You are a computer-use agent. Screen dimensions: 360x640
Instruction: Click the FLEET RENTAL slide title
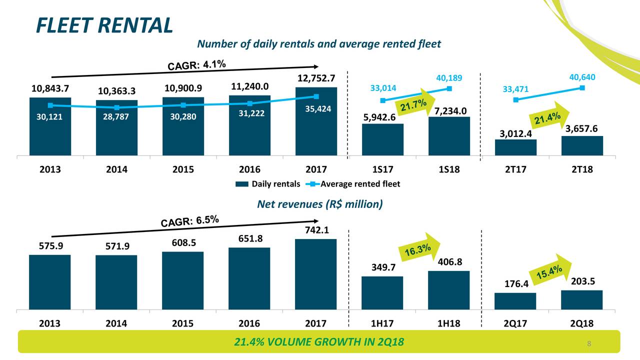104,25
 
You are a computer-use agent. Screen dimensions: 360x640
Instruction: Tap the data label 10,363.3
116,91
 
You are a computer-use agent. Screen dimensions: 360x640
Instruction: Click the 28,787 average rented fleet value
116,117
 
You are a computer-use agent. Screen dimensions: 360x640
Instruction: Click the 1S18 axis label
449,169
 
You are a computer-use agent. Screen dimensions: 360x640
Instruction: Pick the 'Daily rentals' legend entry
268,184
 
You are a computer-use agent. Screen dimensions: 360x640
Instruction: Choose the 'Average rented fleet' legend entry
355,184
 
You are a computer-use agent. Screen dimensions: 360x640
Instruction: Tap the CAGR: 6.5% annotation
189,220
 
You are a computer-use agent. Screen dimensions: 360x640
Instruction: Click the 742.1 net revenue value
316,230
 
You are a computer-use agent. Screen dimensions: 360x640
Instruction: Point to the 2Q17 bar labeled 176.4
515,301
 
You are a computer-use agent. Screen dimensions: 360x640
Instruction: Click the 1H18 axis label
449,323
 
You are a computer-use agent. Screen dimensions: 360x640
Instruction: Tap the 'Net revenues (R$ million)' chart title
319,204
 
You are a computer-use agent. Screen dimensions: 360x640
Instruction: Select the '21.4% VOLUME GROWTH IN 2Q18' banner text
319,342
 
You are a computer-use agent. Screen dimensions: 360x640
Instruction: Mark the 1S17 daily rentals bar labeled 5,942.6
382,139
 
